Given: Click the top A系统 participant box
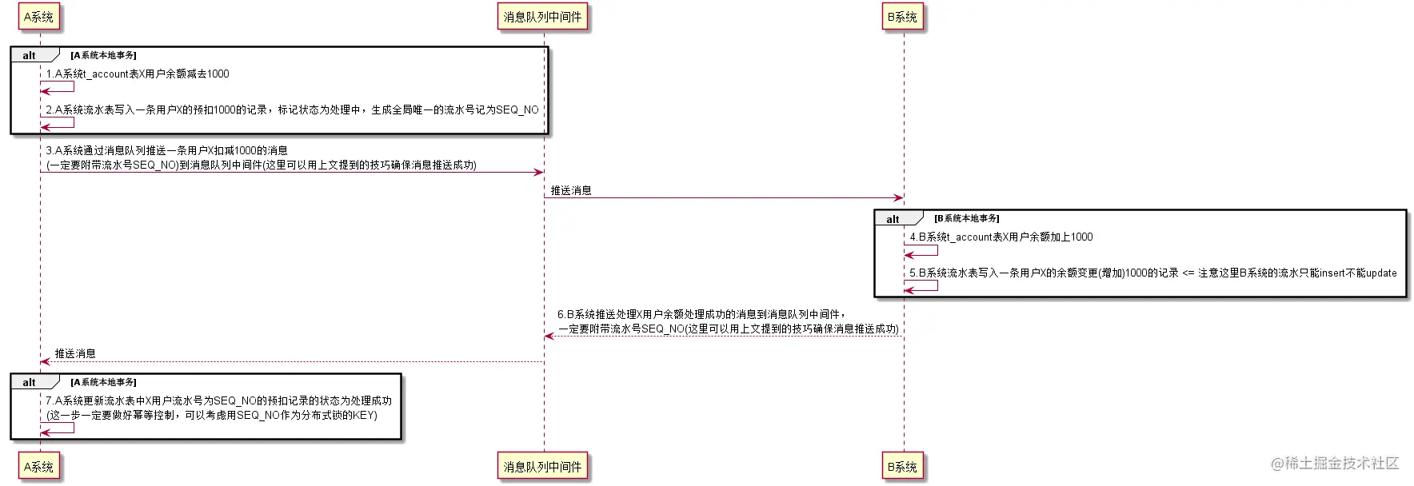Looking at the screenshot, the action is [x=38, y=17].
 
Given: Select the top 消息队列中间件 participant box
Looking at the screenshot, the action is [x=543, y=17].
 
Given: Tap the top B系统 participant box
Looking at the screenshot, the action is [x=903, y=17].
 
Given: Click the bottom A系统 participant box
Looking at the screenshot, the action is [x=38, y=467].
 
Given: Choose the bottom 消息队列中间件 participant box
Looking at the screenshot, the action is [x=543, y=467].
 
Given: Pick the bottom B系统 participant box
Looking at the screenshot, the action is [x=903, y=467].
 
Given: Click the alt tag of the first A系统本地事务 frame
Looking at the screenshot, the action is [x=30, y=55].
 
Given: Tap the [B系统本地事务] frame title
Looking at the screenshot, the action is [x=967, y=218].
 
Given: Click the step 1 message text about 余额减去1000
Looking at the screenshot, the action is [x=138, y=74].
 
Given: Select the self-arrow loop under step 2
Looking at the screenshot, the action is [x=58, y=122].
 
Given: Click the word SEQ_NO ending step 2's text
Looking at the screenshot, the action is [x=517, y=110].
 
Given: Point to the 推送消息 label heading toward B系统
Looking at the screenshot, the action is [x=571, y=190].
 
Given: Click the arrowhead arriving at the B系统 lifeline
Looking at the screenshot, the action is [x=899, y=197].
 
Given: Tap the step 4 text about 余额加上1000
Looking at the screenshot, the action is [x=1001, y=237].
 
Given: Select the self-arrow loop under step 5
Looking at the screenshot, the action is [x=921, y=285].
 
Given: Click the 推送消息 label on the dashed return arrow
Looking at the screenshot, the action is [x=75, y=353].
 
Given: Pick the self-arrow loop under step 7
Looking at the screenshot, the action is [x=58, y=428].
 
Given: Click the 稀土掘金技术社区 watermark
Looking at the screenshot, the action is [x=1335, y=463].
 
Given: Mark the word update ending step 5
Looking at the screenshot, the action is [x=1381, y=273].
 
